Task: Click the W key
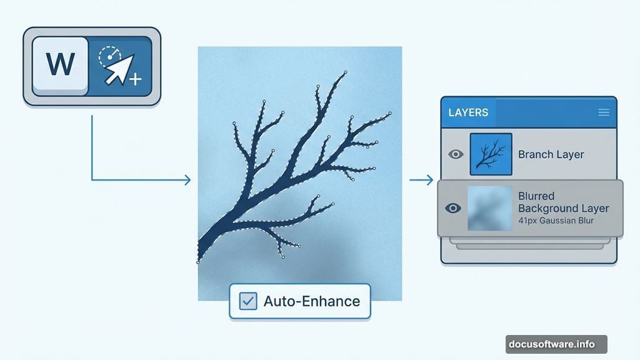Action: click(x=60, y=64)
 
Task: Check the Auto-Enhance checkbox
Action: click(x=248, y=301)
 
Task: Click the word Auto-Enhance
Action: click(x=311, y=301)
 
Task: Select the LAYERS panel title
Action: click(x=468, y=112)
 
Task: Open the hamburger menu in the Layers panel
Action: click(x=604, y=112)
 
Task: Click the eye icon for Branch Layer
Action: click(x=456, y=154)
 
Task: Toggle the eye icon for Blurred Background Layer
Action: click(x=453, y=208)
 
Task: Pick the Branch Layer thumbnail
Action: click(x=491, y=154)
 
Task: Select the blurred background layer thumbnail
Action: click(x=490, y=208)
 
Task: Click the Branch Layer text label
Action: click(x=551, y=154)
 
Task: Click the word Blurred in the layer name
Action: click(x=536, y=196)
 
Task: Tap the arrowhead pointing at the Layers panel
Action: click(x=429, y=181)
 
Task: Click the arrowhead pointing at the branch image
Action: click(x=187, y=181)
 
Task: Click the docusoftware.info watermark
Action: click(x=556, y=344)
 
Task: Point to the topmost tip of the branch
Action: click(x=345, y=72)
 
